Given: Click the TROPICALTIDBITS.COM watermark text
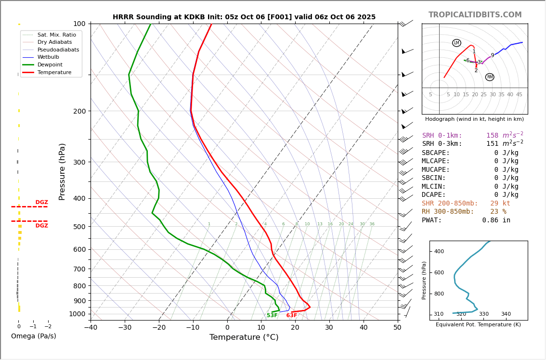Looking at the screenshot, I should click(475, 15).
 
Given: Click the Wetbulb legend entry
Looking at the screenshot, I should click(52, 57).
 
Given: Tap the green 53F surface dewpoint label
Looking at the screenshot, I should click(272, 316).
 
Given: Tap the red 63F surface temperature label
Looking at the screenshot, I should click(292, 316).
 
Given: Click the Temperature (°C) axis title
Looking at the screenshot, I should click(244, 338).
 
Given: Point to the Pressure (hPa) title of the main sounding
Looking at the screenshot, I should click(63, 171).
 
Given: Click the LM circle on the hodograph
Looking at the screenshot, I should click(456, 43).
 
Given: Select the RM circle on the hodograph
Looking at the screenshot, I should click(490, 77).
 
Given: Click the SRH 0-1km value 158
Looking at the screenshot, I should click(492, 136).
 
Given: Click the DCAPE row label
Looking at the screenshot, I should click(434, 195).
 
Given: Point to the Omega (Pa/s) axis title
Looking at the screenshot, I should click(34, 336).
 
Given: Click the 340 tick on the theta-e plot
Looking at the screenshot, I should click(506, 314).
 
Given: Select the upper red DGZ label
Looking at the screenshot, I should click(41, 203).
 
